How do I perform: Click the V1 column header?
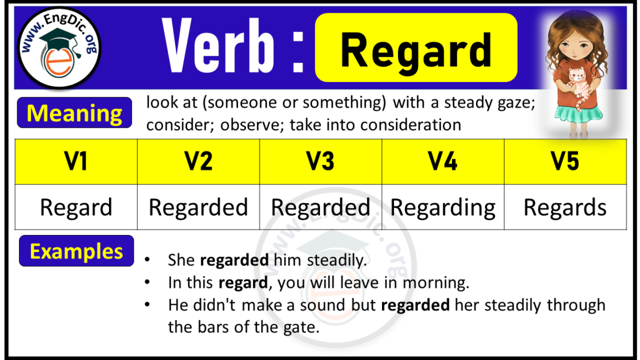click(x=76, y=162)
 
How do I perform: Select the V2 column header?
click(x=198, y=162)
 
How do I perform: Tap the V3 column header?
click(x=321, y=162)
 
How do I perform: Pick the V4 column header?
click(x=443, y=162)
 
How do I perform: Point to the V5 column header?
click(x=565, y=162)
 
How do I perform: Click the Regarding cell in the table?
click(x=443, y=208)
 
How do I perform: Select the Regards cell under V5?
click(x=565, y=208)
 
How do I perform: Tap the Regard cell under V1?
click(x=76, y=208)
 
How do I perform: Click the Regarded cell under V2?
click(x=198, y=208)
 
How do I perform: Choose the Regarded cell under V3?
click(x=321, y=208)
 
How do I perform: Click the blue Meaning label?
click(x=75, y=113)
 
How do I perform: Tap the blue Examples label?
click(x=76, y=252)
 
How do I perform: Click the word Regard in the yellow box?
click(x=416, y=49)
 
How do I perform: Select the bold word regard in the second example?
click(x=243, y=283)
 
